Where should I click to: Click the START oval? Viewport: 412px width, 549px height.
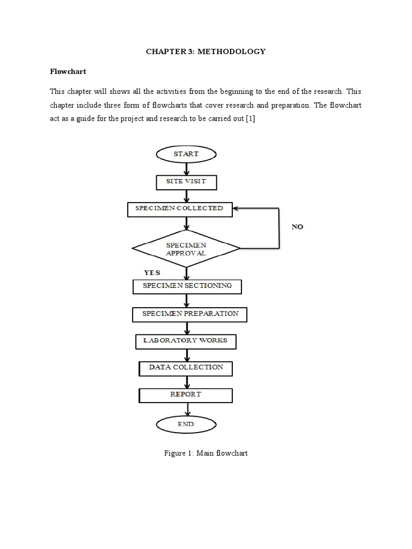click(x=186, y=154)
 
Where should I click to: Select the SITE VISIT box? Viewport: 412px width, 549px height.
click(x=186, y=182)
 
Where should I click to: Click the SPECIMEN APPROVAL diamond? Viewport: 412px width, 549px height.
click(x=186, y=248)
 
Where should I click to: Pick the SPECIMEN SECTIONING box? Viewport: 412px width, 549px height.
click(x=187, y=286)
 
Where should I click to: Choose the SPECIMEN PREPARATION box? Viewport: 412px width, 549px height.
click(x=190, y=314)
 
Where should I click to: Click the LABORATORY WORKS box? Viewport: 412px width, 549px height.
click(x=185, y=341)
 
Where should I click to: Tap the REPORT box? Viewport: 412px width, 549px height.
click(x=186, y=395)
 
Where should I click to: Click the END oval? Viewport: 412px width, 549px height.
click(x=186, y=424)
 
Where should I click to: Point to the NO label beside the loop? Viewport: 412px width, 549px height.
click(x=297, y=227)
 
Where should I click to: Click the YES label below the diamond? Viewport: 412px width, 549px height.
click(x=152, y=273)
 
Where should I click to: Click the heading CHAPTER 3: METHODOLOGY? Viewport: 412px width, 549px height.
click(x=206, y=51)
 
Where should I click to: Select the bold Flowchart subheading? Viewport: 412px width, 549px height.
click(x=68, y=71)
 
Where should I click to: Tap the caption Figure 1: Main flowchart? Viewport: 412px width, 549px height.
click(x=205, y=454)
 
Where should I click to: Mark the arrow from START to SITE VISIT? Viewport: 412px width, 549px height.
click(x=186, y=168)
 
